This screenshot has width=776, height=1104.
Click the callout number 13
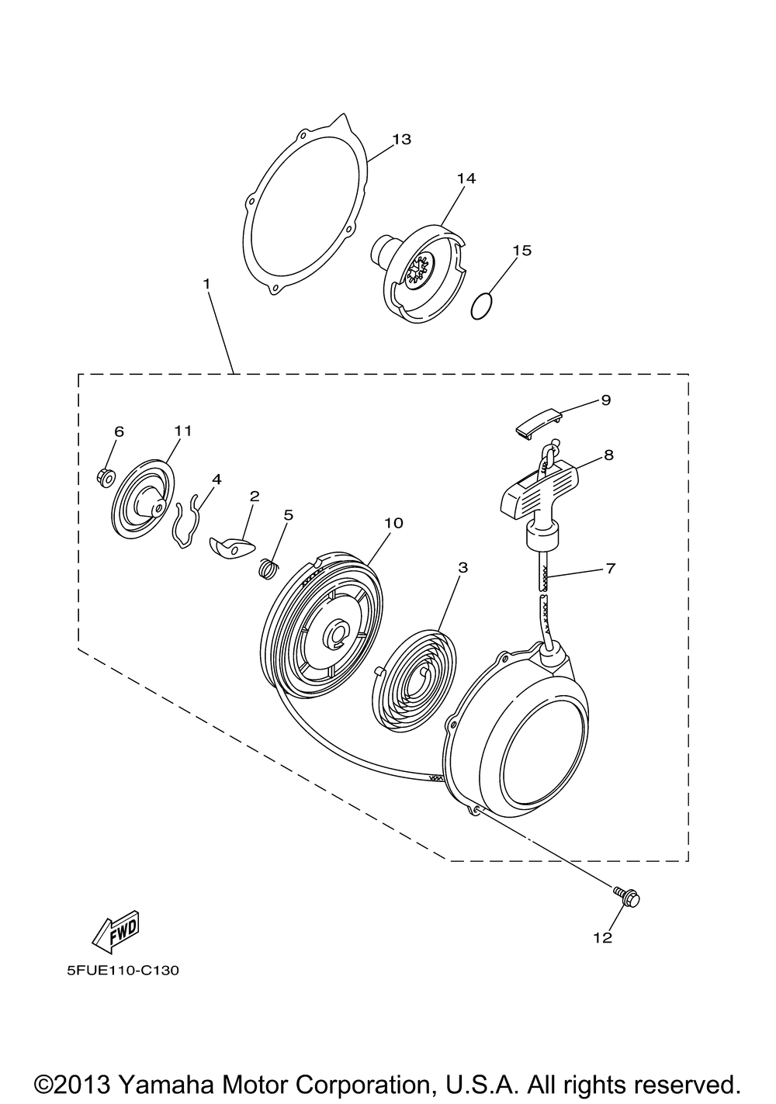coord(401,140)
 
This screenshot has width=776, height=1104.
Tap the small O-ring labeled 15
coord(483,307)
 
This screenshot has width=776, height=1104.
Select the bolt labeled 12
coord(627,898)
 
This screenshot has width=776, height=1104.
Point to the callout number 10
coord(393,523)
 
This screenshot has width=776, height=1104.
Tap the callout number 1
coord(206,284)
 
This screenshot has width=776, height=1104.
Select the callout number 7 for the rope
coord(610,569)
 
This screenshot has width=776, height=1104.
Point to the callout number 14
coord(466,178)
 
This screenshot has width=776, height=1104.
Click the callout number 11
coord(183,431)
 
